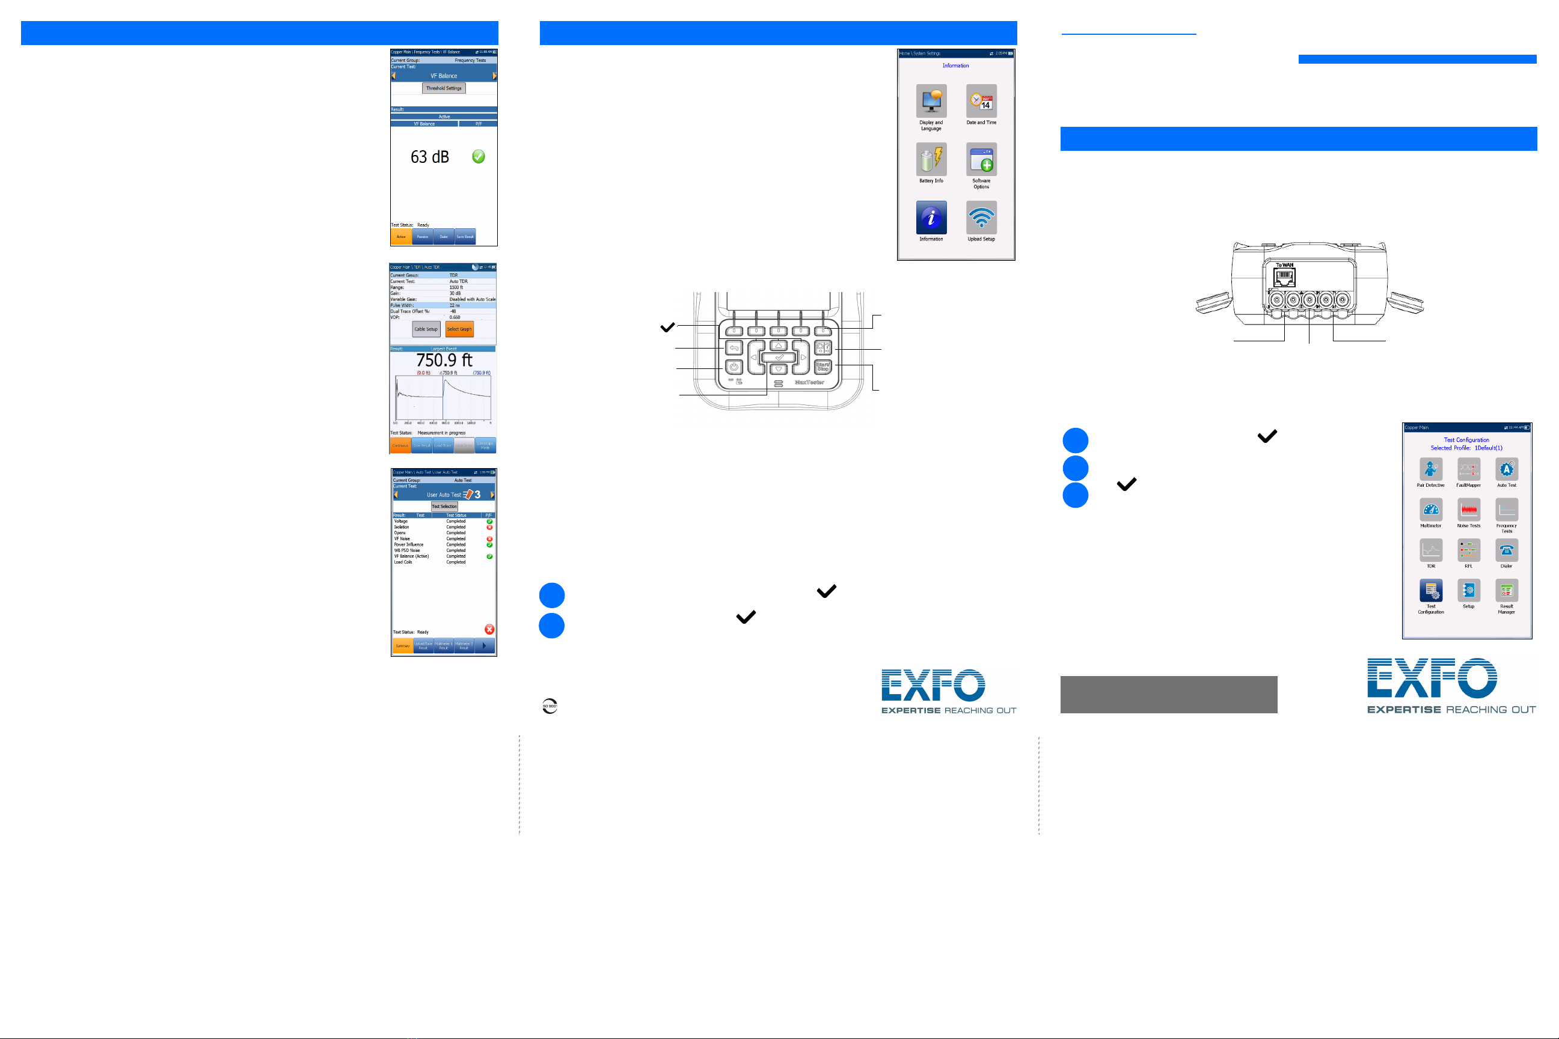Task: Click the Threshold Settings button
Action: pos(444,88)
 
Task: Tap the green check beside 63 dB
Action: pos(478,156)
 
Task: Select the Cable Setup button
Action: pos(426,329)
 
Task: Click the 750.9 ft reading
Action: pos(444,360)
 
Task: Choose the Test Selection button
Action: pos(444,506)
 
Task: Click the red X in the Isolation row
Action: pos(489,528)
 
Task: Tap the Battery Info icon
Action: pos(931,159)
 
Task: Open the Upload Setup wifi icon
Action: pos(981,218)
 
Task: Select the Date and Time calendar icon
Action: pos(981,101)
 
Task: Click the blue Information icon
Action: pos(931,218)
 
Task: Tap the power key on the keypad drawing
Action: pos(733,367)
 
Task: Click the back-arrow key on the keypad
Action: pos(733,347)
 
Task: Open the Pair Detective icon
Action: pos(1430,469)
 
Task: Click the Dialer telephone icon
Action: pos(1506,550)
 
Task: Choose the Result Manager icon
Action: pos(1506,590)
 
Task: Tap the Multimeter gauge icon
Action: pos(1430,510)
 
